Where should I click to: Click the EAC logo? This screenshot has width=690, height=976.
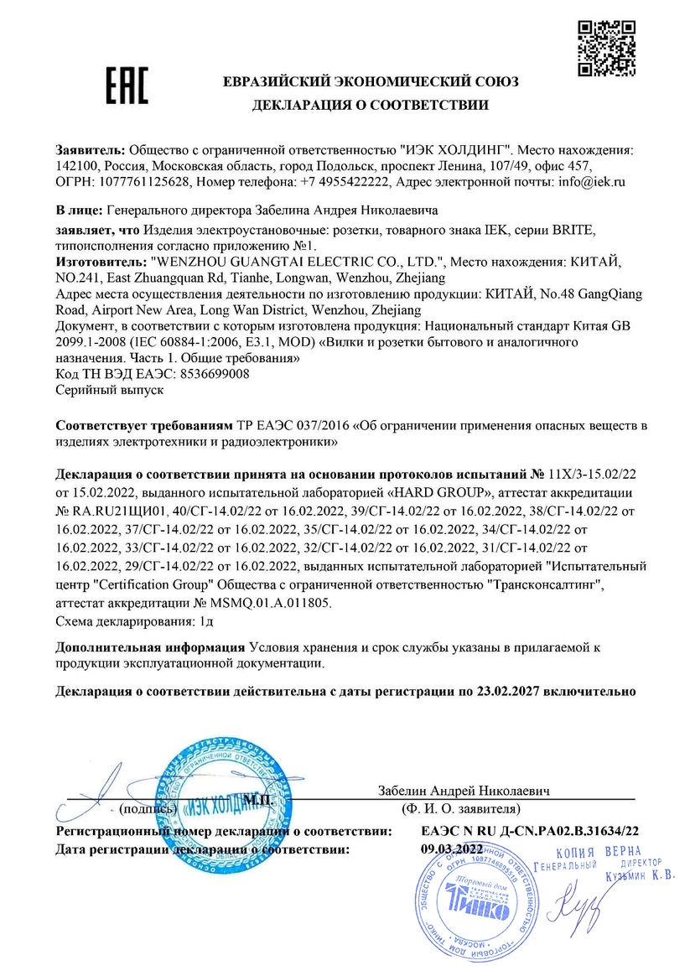click(x=126, y=85)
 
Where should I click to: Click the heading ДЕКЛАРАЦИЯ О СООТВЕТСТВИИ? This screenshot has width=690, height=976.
click(x=371, y=105)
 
